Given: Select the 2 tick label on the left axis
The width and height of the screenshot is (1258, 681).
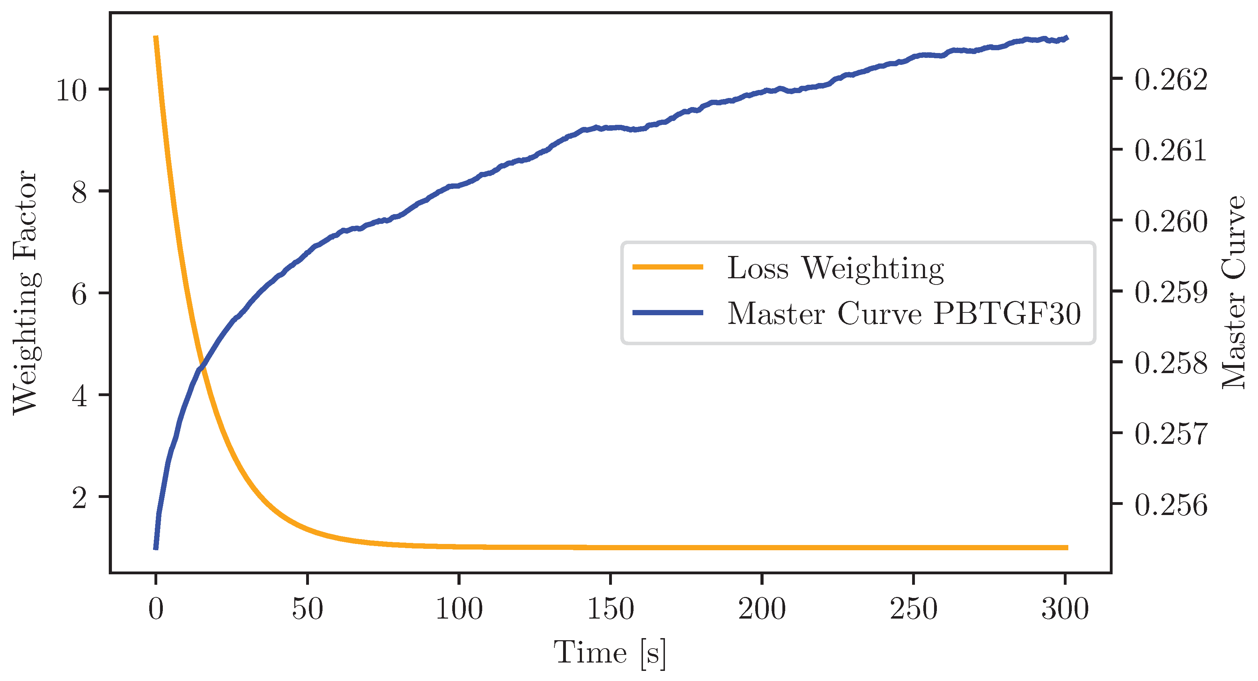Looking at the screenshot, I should click(x=79, y=498).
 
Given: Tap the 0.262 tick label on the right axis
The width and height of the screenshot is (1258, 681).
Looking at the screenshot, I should click(x=1170, y=80).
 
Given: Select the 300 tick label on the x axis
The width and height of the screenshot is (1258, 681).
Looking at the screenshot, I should click(x=1064, y=609).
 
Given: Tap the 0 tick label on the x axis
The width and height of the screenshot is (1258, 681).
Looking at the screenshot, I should click(x=156, y=609).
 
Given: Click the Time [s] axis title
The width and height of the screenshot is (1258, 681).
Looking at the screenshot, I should click(x=609, y=653).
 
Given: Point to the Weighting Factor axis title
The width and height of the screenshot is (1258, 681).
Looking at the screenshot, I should click(x=24, y=292).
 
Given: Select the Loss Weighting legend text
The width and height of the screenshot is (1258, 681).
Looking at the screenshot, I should click(x=835, y=268).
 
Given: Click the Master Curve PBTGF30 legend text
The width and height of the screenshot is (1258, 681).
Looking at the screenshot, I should click(x=903, y=313).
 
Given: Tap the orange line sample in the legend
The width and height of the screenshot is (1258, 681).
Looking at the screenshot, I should click(x=668, y=267).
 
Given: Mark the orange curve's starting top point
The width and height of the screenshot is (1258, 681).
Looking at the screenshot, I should click(x=156, y=37).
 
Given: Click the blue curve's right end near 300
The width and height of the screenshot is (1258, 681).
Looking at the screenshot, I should click(x=1067, y=38).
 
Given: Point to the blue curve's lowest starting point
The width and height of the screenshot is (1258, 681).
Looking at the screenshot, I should click(x=156, y=548).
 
